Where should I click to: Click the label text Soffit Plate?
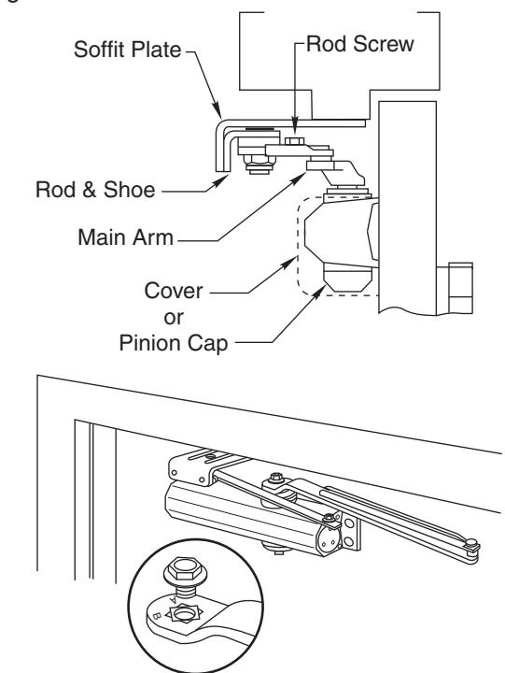pos(127,49)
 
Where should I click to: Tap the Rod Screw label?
pos(360,44)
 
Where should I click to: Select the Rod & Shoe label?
pos(95,190)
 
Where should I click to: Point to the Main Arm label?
pos(125,236)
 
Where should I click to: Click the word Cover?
pos(174,291)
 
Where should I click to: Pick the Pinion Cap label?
pos(174,344)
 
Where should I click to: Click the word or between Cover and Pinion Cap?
pos(174,318)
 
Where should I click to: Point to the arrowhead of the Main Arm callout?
pos(299,179)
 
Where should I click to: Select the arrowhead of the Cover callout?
pos(289,263)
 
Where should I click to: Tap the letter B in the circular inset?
pos(156,616)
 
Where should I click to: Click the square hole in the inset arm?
pos(185,615)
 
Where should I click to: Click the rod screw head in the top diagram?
pos(294,141)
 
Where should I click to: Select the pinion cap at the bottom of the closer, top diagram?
pos(347,278)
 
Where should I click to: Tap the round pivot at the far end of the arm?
pos(471,543)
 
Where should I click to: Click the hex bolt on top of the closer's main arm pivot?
pos(276,477)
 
